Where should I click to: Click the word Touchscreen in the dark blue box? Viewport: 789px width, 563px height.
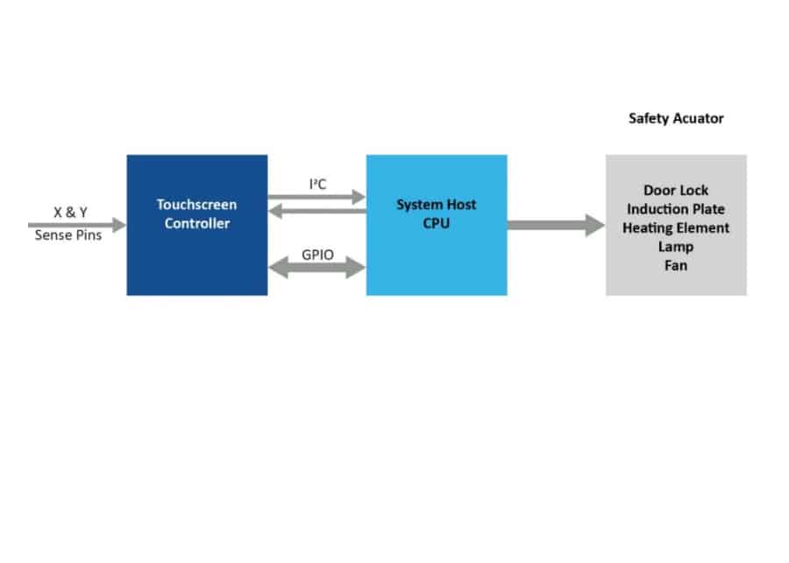coord(196,205)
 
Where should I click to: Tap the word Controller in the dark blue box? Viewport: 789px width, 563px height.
coord(196,223)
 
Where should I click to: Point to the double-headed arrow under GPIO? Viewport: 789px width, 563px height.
coord(316,266)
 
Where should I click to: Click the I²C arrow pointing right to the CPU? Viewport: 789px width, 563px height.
coord(316,197)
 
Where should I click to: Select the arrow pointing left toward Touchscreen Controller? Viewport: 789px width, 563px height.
coord(316,210)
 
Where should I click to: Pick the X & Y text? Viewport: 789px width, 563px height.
coord(70,213)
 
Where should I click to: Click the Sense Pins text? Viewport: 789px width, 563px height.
coord(68,235)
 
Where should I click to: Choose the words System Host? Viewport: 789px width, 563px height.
coord(437,205)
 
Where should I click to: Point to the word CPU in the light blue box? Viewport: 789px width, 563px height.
coord(436,223)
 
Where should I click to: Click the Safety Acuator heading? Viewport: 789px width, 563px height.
coord(676,118)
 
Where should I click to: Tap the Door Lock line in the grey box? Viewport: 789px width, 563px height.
coord(676,190)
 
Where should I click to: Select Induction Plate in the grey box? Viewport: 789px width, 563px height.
coord(676,209)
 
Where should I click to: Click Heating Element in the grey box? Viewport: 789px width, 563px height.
coord(676,228)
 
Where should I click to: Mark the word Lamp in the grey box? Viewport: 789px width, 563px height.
coord(676,247)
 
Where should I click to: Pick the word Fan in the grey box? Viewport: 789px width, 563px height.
coord(676,265)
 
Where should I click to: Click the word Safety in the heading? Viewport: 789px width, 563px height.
coord(649,118)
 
